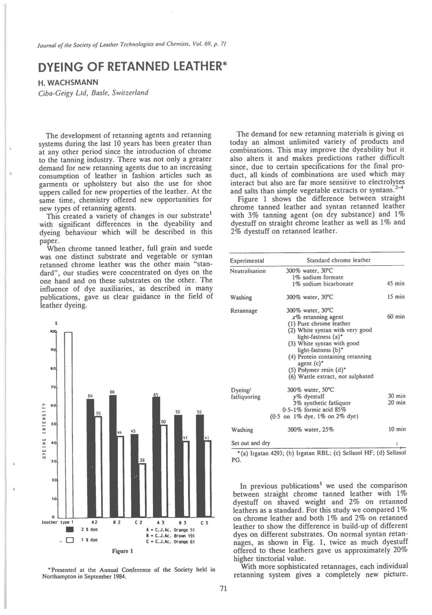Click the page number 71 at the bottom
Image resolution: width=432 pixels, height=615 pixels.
pos(223,589)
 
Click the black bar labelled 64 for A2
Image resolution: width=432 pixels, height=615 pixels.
pos(91,459)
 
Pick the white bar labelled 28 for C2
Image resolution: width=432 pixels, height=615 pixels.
pos(142,491)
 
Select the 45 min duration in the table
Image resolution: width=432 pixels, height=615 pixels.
pos(395,284)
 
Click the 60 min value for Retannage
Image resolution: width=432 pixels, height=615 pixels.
pos(396,317)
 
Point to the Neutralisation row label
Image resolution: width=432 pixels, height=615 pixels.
pos(248,271)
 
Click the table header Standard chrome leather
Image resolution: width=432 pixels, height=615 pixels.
pos(338,260)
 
